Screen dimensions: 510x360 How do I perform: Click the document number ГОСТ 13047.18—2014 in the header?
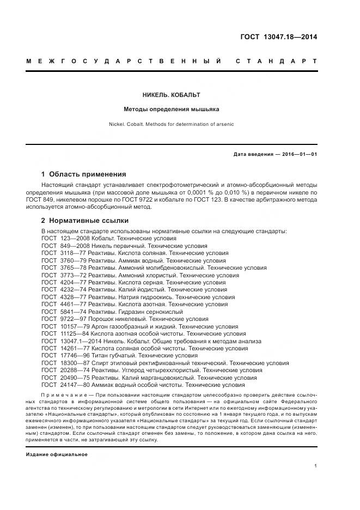[278, 37]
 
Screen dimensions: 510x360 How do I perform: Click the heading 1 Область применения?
[83, 174]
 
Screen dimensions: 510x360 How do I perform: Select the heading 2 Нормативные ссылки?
[84, 221]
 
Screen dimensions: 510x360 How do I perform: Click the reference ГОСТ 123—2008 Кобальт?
[109, 239]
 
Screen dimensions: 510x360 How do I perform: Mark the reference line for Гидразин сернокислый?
[119, 312]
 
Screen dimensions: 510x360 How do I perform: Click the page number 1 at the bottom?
[316, 466]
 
